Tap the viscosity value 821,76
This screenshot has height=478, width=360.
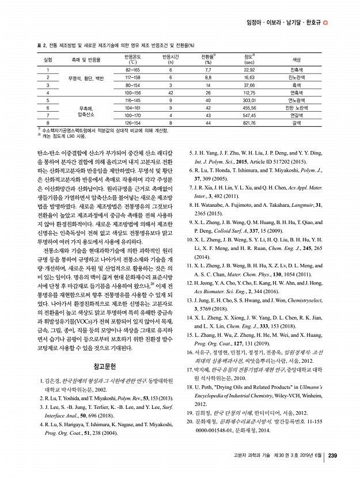pos(249,122)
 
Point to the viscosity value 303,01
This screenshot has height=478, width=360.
pos(249,100)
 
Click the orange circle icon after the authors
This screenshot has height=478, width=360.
pos(325,22)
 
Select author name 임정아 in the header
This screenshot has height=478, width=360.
pos(254,22)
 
